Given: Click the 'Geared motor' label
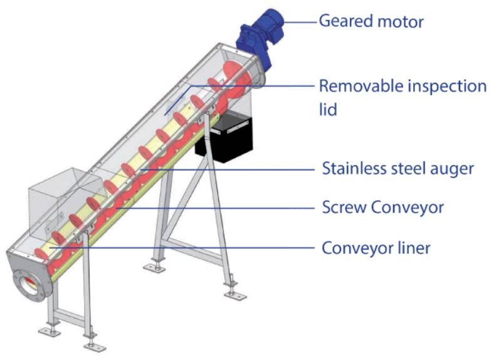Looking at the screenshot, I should coord(371,21).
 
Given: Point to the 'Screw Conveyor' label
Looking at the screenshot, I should coord(382,206).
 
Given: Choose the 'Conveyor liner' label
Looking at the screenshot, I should coord(376,248).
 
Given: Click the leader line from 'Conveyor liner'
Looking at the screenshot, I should coord(188,248).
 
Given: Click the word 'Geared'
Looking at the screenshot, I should coord(344,21).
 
